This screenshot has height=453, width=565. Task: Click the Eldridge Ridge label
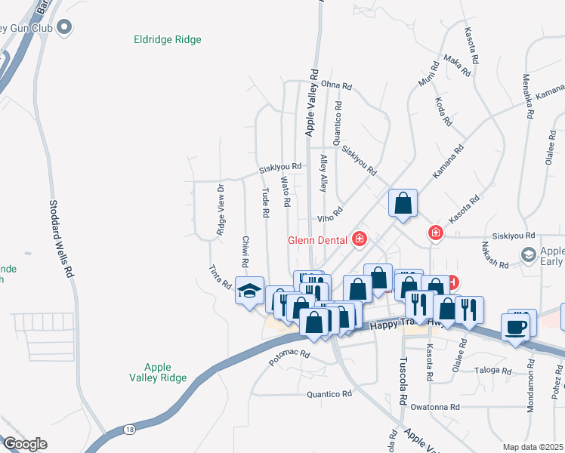(167, 39)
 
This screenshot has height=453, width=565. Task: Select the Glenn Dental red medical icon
(360, 240)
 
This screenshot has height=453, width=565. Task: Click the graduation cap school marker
(249, 291)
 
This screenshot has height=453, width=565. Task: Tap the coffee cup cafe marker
(517, 327)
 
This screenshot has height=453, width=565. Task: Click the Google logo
(25, 445)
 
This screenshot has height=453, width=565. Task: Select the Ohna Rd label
(336, 86)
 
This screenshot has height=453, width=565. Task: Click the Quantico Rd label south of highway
(329, 394)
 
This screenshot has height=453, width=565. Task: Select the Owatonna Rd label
(435, 407)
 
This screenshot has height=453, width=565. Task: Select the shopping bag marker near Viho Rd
(403, 202)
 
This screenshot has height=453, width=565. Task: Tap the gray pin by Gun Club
(65, 28)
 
